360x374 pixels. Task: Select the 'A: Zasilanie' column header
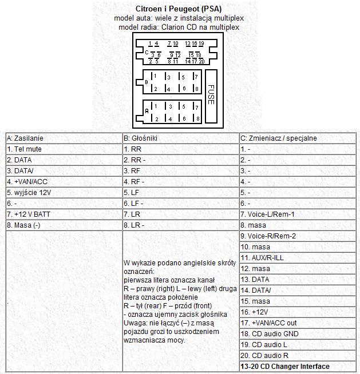[25, 138]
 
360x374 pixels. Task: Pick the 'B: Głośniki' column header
[141, 138]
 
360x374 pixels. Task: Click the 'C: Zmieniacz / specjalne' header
[279, 138]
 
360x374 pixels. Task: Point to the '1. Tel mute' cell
[25, 149]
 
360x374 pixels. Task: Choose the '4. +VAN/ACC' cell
[27, 181]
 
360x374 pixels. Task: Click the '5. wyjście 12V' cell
[30, 192]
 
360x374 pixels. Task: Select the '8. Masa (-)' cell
[25, 225]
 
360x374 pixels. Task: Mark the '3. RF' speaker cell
[132, 170]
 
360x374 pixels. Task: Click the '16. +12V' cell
[255, 312]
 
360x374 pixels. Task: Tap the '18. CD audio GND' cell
[270, 333]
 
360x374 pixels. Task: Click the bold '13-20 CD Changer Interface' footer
[285, 366]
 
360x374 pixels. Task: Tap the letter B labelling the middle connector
[147, 82]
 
